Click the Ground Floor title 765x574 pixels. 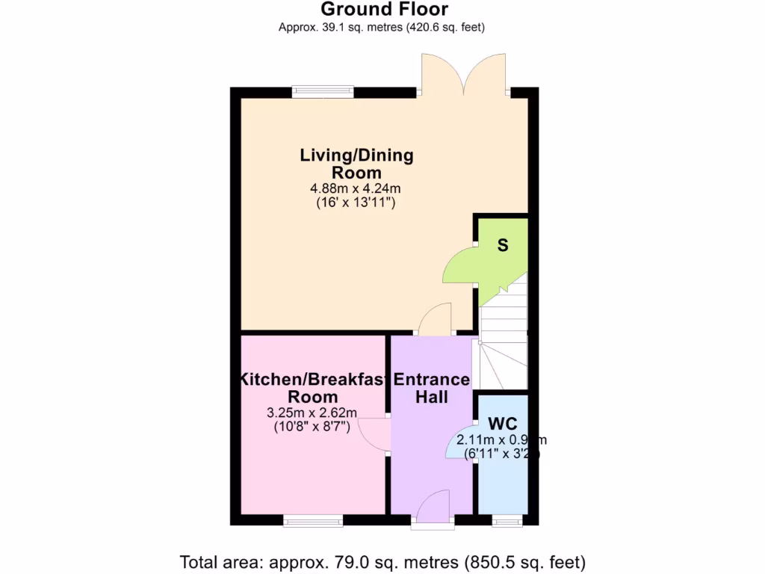[x=384, y=10]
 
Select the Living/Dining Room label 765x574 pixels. [x=356, y=164]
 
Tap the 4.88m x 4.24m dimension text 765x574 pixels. [x=356, y=188]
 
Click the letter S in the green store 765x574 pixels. [x=503, y=245]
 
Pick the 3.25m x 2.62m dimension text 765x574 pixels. [x=312, y=413]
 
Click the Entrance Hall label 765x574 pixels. [x=432, y=388]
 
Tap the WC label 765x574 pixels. [x=502, y=425]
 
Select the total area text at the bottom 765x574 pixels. [x=382, y=561]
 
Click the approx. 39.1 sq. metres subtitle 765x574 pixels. [x=382, y=28]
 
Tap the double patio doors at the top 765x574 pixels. [x=465, y=75]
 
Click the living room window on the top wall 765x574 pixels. [x=323, y=92]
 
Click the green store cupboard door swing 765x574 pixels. [x=459, y=267]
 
